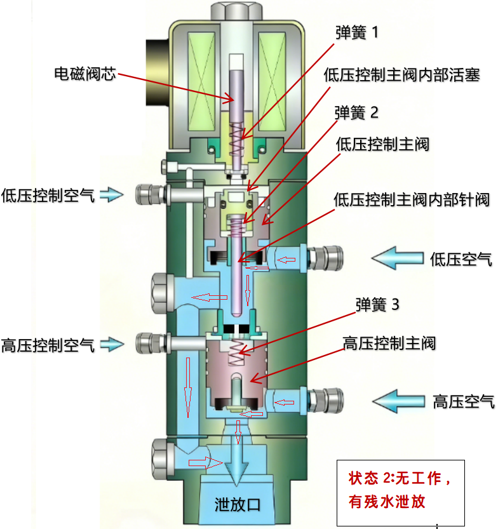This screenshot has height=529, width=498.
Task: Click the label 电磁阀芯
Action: pyautogui.click(x=84, y=74)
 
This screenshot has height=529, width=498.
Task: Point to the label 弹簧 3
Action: pyautogui.click(x=377, y=305)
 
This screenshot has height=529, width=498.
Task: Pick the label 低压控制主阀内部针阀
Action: pyautogui.click(x=412, y=199)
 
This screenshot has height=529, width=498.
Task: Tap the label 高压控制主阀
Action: pyautogui.click(x=389, y=344)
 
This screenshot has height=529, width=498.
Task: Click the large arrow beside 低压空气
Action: pyautogui.click(x=397, y=258)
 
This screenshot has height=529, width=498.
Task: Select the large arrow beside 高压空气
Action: pyautogui.click(x=398, y=401)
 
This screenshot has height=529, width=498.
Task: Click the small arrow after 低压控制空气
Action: pyautogui.click(x=111, y=194)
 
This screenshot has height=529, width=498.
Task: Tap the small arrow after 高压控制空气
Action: pyautogui.click(x=111, y=345)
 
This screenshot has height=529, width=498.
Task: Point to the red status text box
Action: pyautogui.click(x=400, y=489)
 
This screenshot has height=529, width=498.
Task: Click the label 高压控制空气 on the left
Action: pyautogui.click(x=48, y=345)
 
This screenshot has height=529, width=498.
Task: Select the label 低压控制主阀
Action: pyautogui.click(x=382, y=145)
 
